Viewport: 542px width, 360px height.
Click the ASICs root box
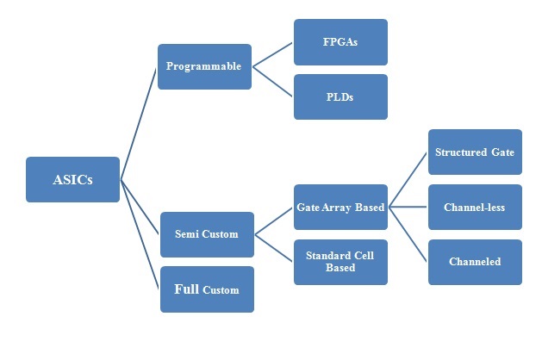click(x=72, y=179)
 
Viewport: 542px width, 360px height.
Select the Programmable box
click(x=204, y=66)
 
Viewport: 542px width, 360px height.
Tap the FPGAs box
click(x=340, y=42)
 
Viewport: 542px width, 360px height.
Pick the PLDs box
click(x=340, y=96)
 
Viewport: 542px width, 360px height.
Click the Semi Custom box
click(x=207, y=234)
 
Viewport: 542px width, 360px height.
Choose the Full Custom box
click(x=207, y=289)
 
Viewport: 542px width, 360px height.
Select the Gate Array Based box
click(x=340, y=207)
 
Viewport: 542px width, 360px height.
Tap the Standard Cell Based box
click(x=340, y=262)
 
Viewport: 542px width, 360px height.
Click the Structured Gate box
click(x=475, y=152)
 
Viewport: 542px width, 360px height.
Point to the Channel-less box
click(x=475, y=207)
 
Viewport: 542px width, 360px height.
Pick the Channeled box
click(x=475, y=262)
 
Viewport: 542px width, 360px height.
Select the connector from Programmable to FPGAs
click(x=272, y=54)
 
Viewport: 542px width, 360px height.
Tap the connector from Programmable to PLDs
click(x=272, y=82)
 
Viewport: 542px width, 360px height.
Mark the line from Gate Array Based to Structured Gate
click(x=408, y=179)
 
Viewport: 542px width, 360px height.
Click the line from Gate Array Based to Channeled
click(x=408, y=233)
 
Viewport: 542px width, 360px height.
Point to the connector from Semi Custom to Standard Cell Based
click(x=274, y=247)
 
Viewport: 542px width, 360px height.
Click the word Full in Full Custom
click(x=187, y=289)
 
